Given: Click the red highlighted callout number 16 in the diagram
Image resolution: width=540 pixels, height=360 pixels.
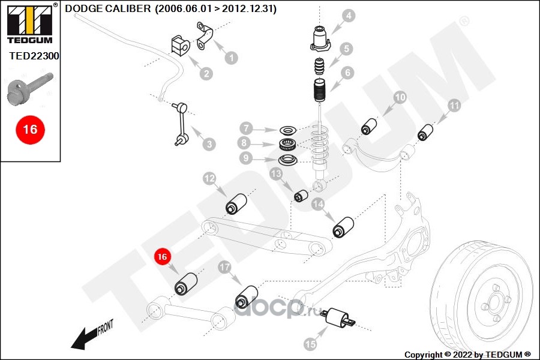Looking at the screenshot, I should [161, 257].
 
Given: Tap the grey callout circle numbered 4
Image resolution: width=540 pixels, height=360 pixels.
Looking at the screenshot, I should [349, 16].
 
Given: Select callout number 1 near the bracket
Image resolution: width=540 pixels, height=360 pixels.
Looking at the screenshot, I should [230, 58].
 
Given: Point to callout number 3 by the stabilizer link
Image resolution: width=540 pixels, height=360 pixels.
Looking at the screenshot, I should [208, 144].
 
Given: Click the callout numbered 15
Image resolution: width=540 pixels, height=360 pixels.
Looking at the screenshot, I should [310, 344].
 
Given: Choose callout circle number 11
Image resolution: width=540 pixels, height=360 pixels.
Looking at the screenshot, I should [455, 106].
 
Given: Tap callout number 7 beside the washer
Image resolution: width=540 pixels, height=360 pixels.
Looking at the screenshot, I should [245, 128].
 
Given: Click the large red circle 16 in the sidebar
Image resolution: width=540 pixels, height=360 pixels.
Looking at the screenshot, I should [29, 129].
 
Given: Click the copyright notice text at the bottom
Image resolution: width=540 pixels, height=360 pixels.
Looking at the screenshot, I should [468, 355].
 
